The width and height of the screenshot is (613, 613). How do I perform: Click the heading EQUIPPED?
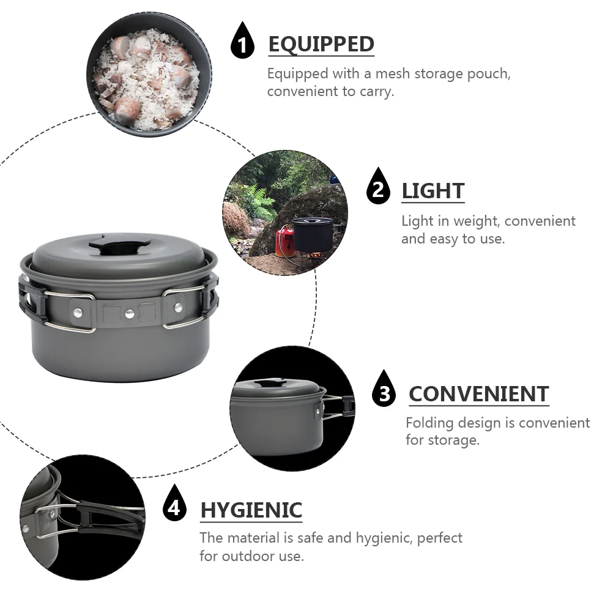tap(321, 44)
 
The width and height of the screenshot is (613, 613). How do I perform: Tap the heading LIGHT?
tap(433, 191)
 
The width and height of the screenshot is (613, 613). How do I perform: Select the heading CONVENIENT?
tap(479, 394)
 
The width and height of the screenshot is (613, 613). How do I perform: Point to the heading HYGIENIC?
tap(251, 510)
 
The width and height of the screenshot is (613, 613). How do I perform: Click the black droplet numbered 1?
tap(242, 40)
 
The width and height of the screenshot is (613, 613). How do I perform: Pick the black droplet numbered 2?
tap(378, 186)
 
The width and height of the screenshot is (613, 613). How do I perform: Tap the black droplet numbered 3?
tap(384, 388)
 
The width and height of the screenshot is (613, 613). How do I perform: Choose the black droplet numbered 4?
tap(174, 503)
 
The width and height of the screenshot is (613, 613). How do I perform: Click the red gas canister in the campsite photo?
tap(284, 242)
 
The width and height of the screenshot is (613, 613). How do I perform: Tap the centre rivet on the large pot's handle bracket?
tap(130, 313)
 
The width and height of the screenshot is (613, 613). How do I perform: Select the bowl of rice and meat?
tap(149, 74)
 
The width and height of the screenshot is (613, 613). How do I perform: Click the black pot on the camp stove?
tap(313, 234)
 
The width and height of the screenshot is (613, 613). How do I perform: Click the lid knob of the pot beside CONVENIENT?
tap(270, 384)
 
